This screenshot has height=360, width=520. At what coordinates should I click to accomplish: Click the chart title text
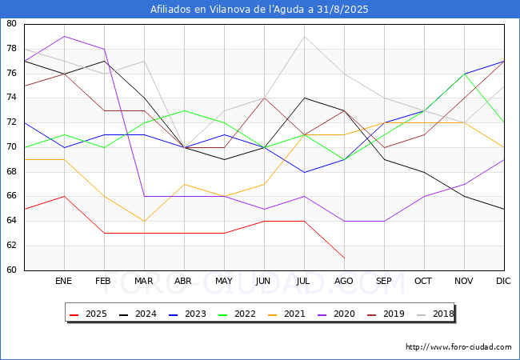260,10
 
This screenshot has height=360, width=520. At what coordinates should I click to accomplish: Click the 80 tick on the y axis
11,24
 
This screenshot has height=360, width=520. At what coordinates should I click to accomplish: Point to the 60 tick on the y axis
11,270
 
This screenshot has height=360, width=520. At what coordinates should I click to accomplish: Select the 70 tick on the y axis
11,147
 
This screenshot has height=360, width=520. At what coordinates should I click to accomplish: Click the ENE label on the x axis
64,282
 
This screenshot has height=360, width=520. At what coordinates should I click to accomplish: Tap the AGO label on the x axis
344,282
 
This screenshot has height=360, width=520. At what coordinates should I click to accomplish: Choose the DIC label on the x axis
503,282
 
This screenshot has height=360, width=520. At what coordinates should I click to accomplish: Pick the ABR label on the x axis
184,282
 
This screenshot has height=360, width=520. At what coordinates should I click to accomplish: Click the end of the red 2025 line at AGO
344,258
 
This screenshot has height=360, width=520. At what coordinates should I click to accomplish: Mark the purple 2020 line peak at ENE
64,36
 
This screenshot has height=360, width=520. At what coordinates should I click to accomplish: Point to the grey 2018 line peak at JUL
304,36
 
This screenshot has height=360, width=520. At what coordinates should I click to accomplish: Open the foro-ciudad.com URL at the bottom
458,347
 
